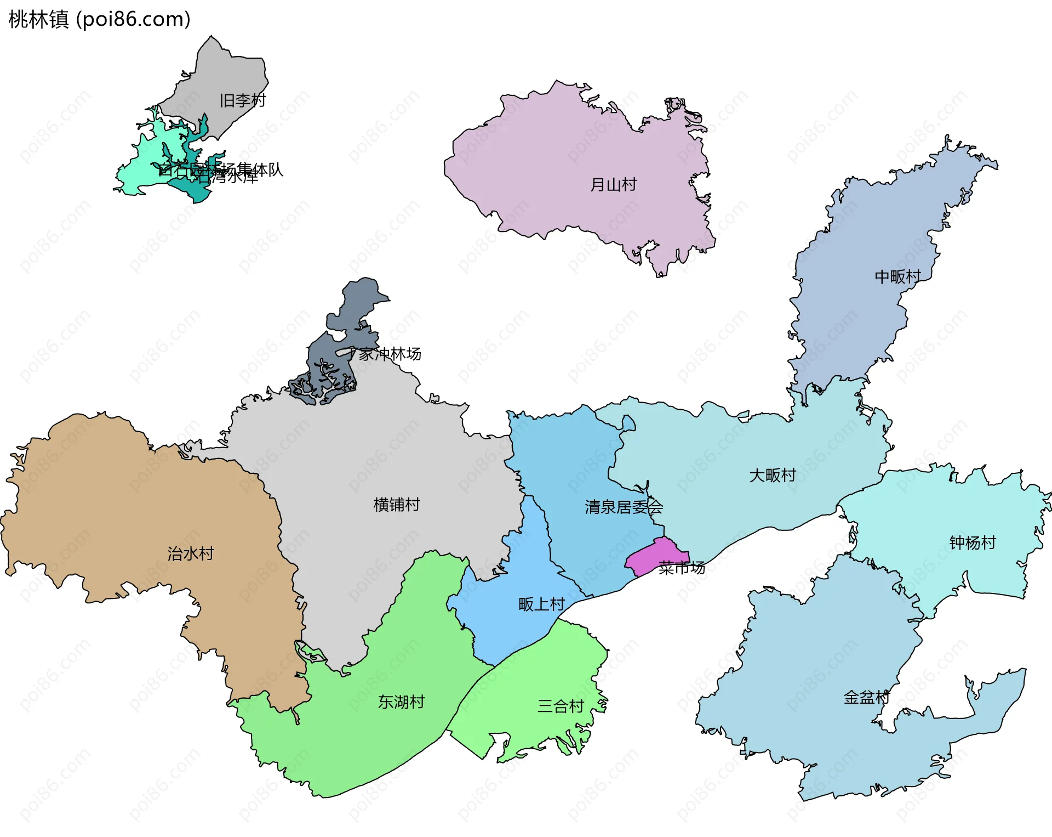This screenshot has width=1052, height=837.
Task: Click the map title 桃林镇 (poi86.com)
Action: click(x=99, y=19)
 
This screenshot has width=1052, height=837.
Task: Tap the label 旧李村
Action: click(x=242, y=100)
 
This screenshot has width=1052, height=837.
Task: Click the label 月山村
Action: click(x=613, y=184)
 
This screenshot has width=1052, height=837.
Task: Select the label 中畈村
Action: click(x=897, y=276)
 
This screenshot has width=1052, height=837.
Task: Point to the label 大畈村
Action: click(x=772, y=475)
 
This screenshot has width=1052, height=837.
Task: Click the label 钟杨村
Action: click(x=972, y=543)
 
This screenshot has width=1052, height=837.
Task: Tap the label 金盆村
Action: click(x=866, y=698)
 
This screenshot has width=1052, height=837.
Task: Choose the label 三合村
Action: click(x=561, y=706)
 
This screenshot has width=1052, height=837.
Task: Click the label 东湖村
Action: click(x=401, y=702)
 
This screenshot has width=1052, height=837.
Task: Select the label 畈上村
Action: click(x=541, y=604)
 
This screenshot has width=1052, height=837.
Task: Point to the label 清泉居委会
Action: click(x=624, y=507)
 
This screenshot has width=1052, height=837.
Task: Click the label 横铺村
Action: click(x=397, y=505)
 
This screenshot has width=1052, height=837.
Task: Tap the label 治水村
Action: click(x=191, y=553)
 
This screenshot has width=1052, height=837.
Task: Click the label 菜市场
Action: click(x=682, y=568)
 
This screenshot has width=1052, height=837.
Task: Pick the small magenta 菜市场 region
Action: click(x=655, y=555)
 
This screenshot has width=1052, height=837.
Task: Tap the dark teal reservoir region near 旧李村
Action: click(x=195, y=189)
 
